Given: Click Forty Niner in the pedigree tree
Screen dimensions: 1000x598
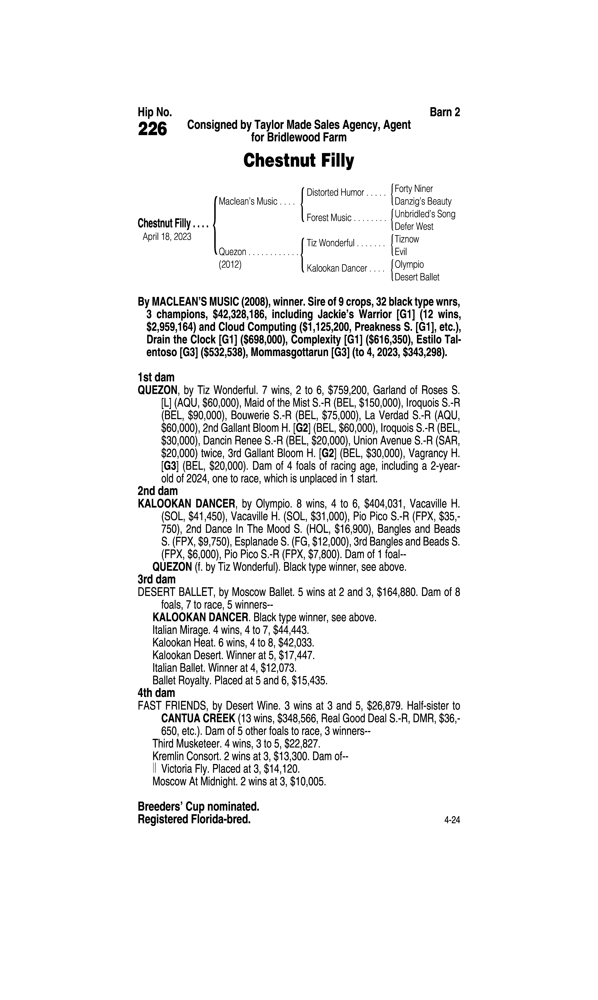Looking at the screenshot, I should (x=413, y=189).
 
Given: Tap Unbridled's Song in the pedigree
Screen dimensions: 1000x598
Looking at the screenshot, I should (x=425, y=214).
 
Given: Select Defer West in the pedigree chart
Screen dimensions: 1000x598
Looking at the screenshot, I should (x=414, y=226).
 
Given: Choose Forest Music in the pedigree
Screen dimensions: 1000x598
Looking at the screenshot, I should (x=329, y=218).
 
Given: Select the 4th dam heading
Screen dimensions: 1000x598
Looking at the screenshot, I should (x=156, y=693).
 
